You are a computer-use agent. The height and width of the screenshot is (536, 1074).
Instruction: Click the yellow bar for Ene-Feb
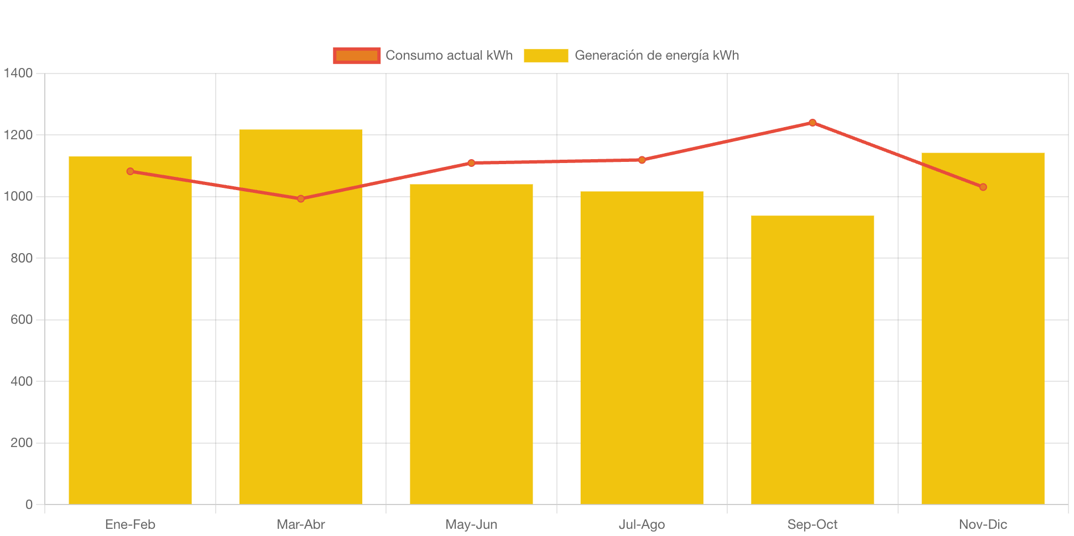pyautogui.click(x=130, y=332)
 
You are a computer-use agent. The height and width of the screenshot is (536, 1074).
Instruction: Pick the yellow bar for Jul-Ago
pyautogui.click(x=642, y=348)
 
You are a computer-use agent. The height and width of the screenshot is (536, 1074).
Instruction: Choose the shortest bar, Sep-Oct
pyautogui.click(x=812, y=360)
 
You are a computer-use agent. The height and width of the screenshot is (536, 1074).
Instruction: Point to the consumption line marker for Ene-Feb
pyautogui.click(x=130, y=171)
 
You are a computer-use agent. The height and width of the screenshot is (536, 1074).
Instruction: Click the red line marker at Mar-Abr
pyautogui.click(x=301, y=198)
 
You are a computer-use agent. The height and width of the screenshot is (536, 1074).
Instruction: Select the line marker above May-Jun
pyautogui.click(x=471, y=163)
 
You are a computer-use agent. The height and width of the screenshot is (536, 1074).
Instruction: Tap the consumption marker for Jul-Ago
pyautogui.click(x=642, y=160)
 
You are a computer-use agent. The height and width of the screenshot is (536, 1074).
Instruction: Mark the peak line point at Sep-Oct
pyautogui.click(x=812, y=123)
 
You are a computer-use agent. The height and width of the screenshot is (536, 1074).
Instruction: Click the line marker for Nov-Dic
pyautogui.click(x=983, y=187)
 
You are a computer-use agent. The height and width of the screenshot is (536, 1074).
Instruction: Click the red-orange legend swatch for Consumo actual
pyautogui.click(x=357, y=55)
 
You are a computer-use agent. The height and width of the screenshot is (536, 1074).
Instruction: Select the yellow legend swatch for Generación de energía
pyautogui.click(x=546, y=55)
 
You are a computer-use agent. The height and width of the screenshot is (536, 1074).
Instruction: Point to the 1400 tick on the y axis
pyautogui.click(x=18, y=73)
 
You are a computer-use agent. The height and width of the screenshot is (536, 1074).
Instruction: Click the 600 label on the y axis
pyautogui.click(x=22, y=319)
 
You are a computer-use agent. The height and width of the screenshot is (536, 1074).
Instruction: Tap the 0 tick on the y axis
pyautogui.click(x=29, y=505)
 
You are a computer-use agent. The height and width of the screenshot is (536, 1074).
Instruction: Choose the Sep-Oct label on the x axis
pyautogui.click(x=812, y=524)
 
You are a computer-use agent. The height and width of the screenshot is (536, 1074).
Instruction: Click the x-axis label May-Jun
pyautogui.click(x=471, y=524)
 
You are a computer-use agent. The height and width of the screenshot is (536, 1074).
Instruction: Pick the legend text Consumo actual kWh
pyautogui.click(x=449, y=55)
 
